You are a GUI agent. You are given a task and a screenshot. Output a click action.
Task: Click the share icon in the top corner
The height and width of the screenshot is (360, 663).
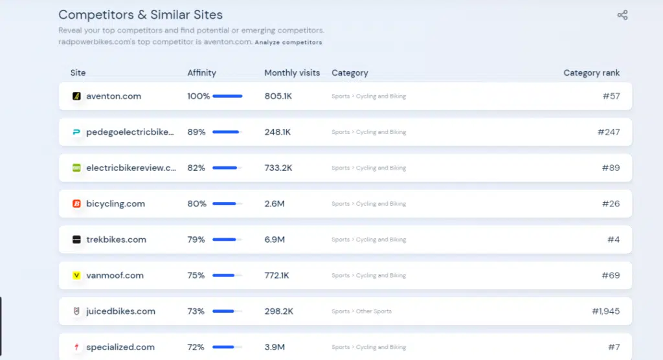point(622,16)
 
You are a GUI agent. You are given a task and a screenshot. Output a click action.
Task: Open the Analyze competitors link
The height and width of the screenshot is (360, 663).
point(288,42)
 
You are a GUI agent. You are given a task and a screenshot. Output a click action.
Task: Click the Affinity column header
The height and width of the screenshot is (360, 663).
point(202,73)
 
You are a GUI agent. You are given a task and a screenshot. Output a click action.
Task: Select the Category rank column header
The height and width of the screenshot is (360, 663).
point(592,73)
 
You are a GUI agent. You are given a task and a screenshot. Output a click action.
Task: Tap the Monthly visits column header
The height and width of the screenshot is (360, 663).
point(292,73)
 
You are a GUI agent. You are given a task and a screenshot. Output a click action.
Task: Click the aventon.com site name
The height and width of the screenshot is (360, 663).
point(114,96)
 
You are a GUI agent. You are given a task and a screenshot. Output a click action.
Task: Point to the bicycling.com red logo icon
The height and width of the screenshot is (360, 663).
point(76,204)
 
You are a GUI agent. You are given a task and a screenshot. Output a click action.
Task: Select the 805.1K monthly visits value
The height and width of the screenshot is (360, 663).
point(278,96)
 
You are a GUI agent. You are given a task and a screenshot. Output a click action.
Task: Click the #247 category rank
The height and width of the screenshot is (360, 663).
point(609,132)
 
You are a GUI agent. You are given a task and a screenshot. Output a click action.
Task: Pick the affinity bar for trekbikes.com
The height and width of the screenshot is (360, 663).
point(227,240)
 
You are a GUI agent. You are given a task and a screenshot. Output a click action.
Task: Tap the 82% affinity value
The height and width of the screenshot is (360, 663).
point(196,168)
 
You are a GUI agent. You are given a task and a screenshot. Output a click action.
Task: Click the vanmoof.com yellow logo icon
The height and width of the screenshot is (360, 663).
point(76,275)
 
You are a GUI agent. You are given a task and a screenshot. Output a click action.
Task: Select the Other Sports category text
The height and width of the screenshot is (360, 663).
point(374,311)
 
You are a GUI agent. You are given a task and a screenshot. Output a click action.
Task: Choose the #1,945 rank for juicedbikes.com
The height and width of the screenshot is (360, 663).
point(606,311)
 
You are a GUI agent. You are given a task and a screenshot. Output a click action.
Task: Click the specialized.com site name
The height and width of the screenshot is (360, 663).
point(120,347)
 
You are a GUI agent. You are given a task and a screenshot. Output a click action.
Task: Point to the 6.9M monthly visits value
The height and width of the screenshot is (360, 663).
point(275,240)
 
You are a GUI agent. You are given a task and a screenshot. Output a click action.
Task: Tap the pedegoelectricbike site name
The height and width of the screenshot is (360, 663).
point(130,132)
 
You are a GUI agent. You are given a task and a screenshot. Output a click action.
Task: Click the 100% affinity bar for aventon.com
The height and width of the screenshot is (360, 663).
point(227,96)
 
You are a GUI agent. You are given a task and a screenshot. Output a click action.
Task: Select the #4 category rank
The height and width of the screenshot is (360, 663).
point(614,240)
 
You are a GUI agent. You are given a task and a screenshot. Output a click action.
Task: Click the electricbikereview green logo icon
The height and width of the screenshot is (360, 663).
point(76,168)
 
